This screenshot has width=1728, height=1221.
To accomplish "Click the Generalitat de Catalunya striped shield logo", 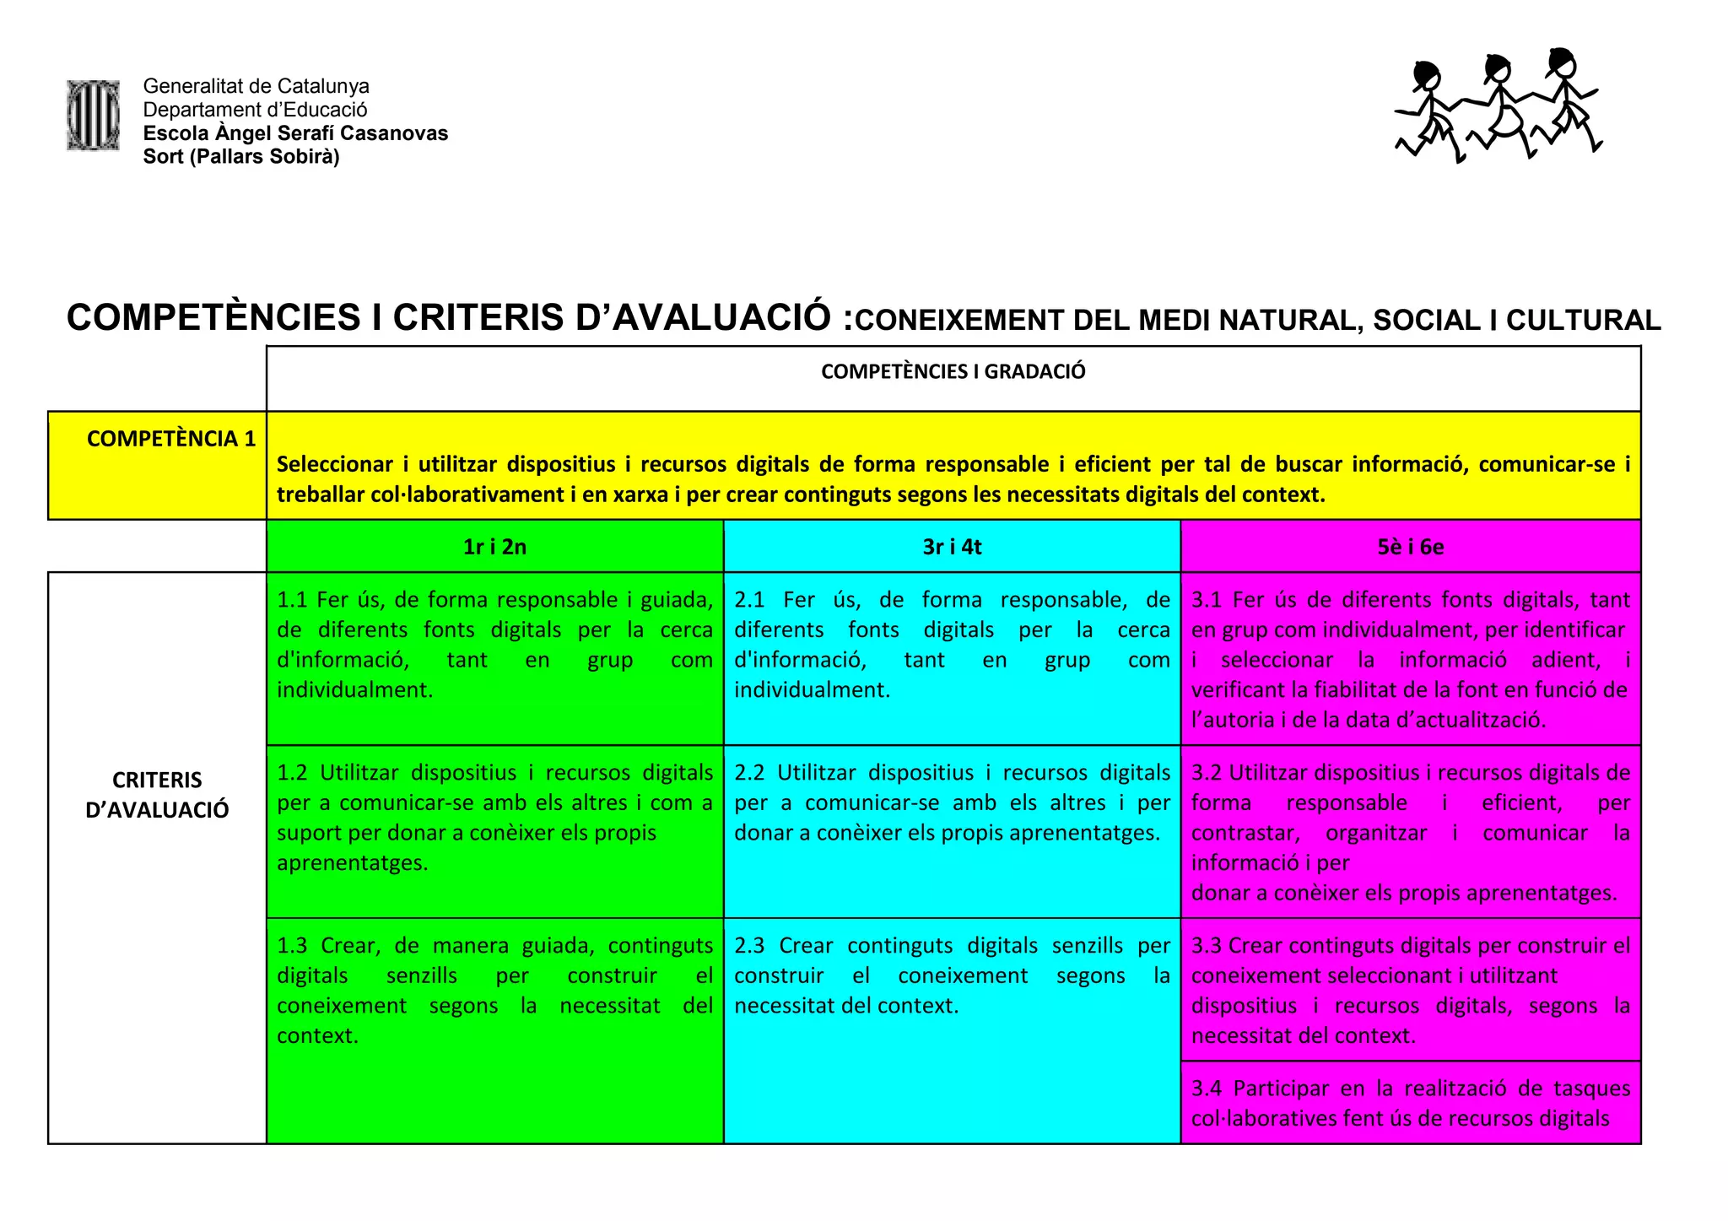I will [93, 116].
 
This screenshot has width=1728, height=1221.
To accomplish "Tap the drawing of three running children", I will [1498, 105].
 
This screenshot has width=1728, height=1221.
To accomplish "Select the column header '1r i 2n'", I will [494, 547].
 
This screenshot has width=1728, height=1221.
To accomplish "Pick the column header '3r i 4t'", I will [952, 547].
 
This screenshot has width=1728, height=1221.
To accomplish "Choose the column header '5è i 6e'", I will [1410, 547].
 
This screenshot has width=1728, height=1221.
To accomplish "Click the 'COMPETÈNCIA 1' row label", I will [170, 439].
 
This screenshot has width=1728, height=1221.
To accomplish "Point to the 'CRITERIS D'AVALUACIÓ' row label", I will [157, 795].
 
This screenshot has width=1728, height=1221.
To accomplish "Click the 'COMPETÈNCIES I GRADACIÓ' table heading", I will [953, 371].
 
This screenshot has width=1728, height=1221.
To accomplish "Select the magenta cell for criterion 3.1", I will [1410, 659].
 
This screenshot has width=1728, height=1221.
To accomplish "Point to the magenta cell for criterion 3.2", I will [1410, 832].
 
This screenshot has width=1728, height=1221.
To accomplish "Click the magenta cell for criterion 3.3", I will [1410, 990].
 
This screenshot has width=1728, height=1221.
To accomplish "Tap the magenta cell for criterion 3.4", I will [1410, 1103].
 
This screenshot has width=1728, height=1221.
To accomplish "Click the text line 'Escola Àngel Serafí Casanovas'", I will [295, 133].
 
